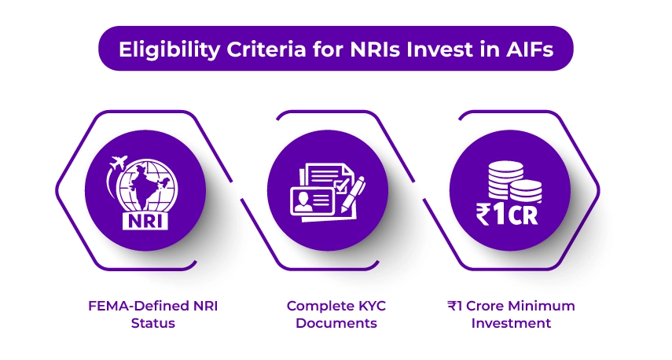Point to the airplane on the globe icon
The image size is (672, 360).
click(118, 163)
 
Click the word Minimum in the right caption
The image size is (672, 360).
click(549, 305)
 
